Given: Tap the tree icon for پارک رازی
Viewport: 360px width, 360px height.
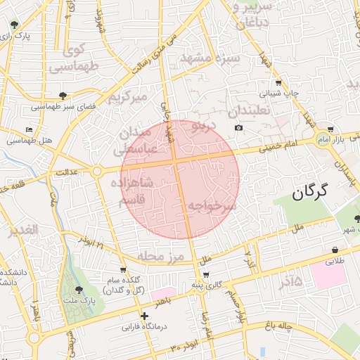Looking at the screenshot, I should [x=15, y=26].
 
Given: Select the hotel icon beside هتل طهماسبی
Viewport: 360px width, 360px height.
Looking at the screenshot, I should [x=29, y=130].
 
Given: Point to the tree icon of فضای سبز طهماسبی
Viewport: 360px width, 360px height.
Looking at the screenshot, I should [x=63, y=95].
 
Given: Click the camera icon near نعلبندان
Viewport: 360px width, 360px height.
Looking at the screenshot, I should [x=239, y=127].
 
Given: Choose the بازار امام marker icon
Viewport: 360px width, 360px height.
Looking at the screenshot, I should [x=330, y=129].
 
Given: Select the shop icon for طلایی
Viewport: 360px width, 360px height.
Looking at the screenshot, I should [x=335, y=250].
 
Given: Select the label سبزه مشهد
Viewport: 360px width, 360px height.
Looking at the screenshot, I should [x=210, y=58].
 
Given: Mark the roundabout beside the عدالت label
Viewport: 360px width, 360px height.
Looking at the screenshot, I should [x=96, y=171].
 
